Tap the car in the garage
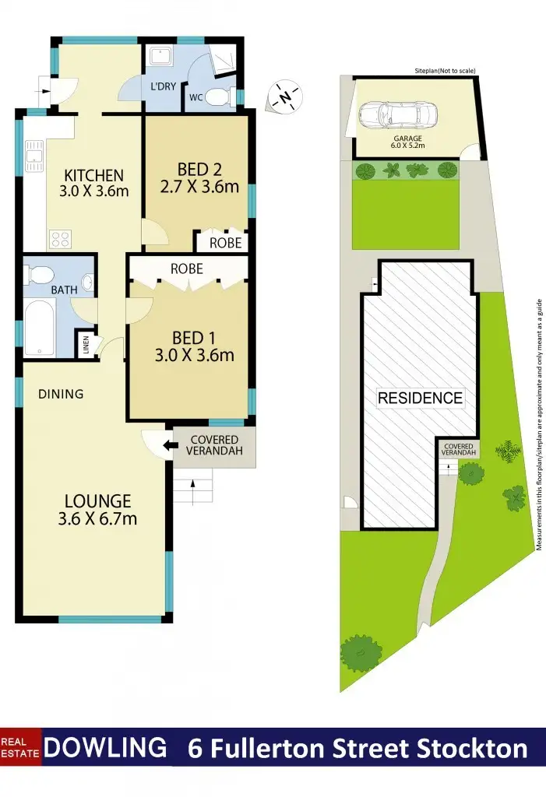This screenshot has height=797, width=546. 396,117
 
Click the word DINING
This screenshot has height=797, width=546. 61,394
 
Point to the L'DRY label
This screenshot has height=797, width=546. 162,86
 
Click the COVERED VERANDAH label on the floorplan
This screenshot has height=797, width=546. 214,446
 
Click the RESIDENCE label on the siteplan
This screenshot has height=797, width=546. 420,398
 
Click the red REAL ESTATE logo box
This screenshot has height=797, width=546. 21,748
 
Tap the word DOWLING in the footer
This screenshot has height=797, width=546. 105,748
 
